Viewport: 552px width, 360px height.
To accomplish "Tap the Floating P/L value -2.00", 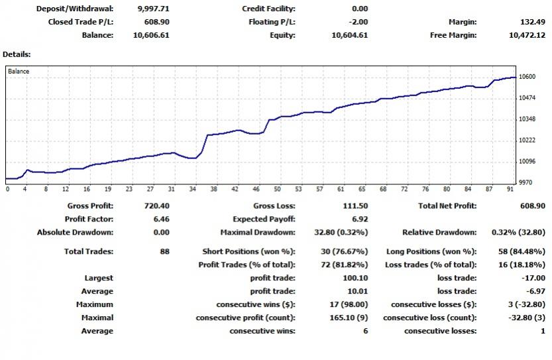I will (x=359, y=22).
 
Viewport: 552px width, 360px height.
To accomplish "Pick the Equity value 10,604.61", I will (x=351, y=35).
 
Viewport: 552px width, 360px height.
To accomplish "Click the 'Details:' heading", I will (x=17, y=54).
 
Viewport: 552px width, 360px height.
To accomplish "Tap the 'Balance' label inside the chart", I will (x=19, y=71).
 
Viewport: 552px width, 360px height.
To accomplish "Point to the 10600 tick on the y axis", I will (x=527, y=77).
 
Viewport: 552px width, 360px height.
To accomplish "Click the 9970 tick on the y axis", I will (x=526, y=182).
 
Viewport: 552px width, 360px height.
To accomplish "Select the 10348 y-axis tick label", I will (x=527, y=119).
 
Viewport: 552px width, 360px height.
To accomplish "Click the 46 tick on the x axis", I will (x=256, y=189).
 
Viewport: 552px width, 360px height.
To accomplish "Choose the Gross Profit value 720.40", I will (x=157, y=206).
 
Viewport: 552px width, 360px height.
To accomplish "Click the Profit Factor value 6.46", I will (x=161, y=219).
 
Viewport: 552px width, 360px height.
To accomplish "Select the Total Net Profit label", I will (x=447, y=206).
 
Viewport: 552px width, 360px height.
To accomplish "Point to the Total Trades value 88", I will (x=164, y=252).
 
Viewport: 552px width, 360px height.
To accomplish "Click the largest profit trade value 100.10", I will (x=355, y=278).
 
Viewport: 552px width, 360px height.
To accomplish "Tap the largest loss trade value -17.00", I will (x=533, y=278).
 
